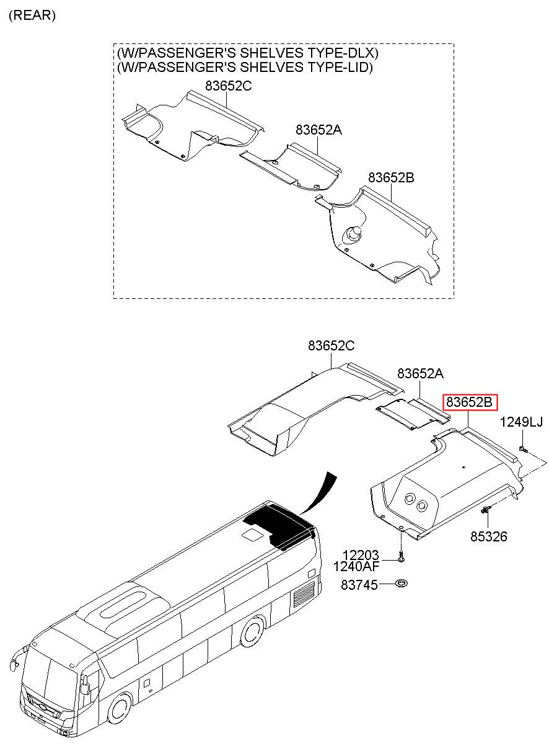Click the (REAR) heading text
click(32, 16)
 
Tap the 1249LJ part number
click(521, 423)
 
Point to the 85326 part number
click(488, 536)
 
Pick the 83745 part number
click(359, 585)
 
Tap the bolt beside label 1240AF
click(400, 556)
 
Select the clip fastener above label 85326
click(486, 510)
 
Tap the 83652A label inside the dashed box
click(318, 130)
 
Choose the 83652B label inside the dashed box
click(391, 177)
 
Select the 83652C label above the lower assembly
click(332, 347)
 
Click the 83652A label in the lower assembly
click(421, 373)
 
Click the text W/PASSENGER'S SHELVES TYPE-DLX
click(247, 54)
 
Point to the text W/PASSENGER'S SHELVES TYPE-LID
click(245, 67)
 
